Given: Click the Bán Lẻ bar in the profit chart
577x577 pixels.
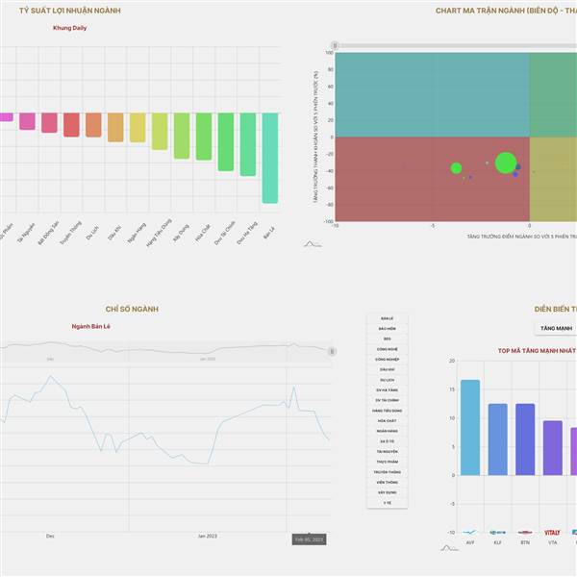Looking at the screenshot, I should point(269,158).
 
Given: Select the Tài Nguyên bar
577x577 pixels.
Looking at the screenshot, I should point(27,121).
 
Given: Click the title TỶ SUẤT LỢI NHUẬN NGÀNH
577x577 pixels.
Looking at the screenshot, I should point(69,11).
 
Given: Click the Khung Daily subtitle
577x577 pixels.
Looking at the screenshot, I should point(69,27).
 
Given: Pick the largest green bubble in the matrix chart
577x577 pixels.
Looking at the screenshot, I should point(506,163).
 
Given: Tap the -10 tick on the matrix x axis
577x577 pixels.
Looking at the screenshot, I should point(336,225).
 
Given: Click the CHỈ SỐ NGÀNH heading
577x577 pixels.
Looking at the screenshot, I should point(130,309).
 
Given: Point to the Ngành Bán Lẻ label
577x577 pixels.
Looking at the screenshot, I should point(91,326).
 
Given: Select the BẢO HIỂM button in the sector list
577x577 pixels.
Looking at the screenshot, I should point(387,328).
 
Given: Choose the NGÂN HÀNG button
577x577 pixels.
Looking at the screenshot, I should point(387,431).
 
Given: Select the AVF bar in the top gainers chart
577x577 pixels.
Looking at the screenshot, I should point(470,427).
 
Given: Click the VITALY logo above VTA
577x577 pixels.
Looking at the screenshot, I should point(552,532).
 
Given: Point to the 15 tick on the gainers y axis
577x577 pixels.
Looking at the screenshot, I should point(452,389).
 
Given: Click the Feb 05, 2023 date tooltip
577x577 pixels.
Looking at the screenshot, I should point(310,539).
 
